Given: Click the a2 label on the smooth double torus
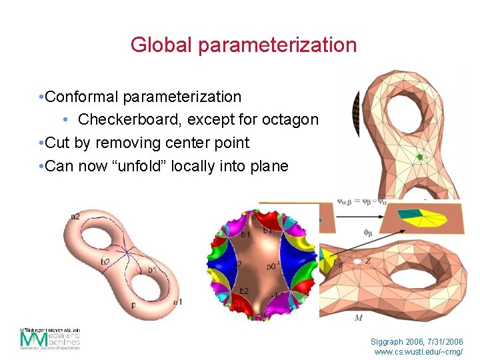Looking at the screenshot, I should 75,216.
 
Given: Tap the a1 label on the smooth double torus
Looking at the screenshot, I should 177,302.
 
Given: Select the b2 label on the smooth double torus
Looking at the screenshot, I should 105,262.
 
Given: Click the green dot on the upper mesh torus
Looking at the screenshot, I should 419,157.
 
